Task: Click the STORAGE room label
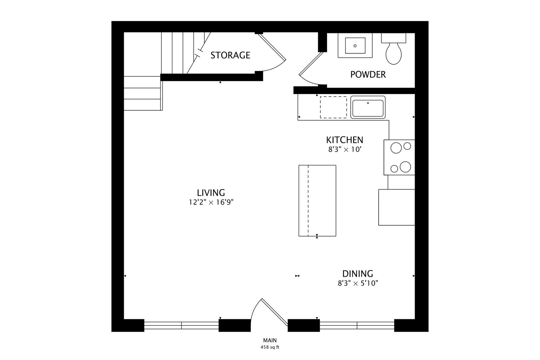click(x=230, y=55)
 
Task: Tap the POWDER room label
click(x=368, y=75)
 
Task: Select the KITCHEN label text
click(x=344, y=140)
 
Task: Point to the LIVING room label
click(x=211, y=193)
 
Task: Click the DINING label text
click(x=358, y=274)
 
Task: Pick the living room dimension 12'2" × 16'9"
click(x=211, y=202)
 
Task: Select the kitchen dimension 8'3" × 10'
click(x=344, y=149)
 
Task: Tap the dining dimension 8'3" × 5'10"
click(x=358, y=283)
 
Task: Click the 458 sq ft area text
click(x=270, y=347)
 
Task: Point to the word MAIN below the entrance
click(x=270, y=340)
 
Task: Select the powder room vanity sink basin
click(x=355, y=46)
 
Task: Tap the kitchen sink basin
click(x=368, y=107)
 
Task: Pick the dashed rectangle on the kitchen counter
click(x=333, y=107)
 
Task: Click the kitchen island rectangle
click(x=317, y=201)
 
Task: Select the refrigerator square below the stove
click(x=397, y=207)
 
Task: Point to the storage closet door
click(x=272, y=47)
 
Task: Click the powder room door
click(x=311, y=64)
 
